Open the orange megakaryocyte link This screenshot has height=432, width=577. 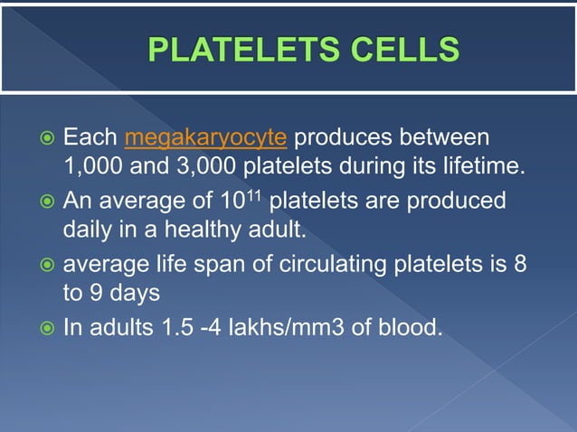[x=206, y=138]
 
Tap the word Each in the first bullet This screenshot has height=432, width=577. [x=90, y=138]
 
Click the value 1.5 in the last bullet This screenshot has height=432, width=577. [x=171, y=325]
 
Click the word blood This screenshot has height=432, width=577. [x=412, y=325]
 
